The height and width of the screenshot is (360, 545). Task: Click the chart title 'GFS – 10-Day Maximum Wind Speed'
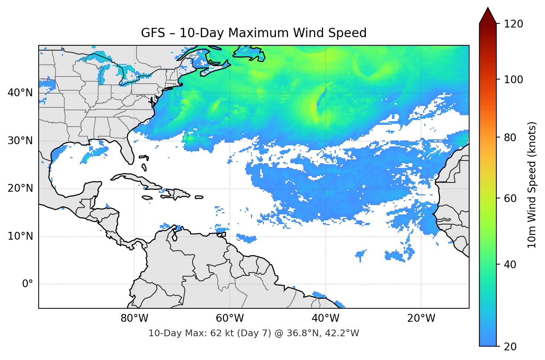[x=254, y=33]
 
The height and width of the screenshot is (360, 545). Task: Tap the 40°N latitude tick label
[x=20, y=93]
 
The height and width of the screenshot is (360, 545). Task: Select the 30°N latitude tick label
[x=20, y=141]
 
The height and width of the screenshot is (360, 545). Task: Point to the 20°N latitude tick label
[x=20, y=188]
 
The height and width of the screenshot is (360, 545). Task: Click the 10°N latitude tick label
[x=20, y=236]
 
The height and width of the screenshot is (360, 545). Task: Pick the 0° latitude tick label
[x=28, y=284]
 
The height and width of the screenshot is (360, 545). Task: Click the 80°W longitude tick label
[x=134, y=318]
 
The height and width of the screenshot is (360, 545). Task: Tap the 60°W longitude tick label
[x=230, y=318]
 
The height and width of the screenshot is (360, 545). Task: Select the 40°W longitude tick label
[x=325, y=318]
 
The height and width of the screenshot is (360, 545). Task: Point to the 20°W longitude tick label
[x=421, y=318]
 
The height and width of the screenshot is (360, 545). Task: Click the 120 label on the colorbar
[x=513, y=24]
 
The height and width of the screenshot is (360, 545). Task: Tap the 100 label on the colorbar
[x=513, y=80]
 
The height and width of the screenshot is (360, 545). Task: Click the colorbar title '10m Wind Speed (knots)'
[x=532, y=185]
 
